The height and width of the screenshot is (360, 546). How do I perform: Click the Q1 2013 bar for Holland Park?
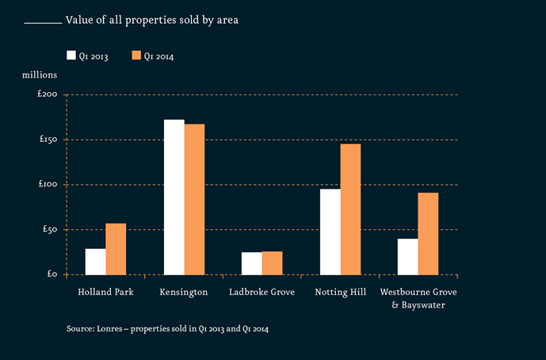(96, 262)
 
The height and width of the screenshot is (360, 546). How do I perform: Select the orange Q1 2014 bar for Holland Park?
(116, 249)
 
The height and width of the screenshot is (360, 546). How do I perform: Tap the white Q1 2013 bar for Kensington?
(174, 197)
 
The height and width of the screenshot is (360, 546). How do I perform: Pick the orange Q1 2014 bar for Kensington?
(194, 200)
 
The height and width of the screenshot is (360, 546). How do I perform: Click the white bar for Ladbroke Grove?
(252, 263)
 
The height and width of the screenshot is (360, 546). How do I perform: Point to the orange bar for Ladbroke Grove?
(272, 263)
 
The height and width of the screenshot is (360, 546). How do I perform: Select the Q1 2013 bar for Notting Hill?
(330, 232)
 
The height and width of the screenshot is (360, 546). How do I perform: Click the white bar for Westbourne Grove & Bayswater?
(408, 256)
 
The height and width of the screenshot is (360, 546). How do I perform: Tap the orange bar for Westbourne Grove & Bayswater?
(428, 234)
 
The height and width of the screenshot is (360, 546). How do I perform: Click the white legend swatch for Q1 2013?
(71, 56)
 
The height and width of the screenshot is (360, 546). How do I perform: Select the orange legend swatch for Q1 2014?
(136, 56)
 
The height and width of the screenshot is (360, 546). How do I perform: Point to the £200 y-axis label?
(48, 95)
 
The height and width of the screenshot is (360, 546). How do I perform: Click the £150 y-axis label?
(48, 140)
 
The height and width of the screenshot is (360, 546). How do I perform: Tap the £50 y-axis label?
(50, 229)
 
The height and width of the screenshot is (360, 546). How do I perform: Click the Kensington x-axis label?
(184, 292)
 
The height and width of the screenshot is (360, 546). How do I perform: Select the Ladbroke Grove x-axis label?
(262, 292)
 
